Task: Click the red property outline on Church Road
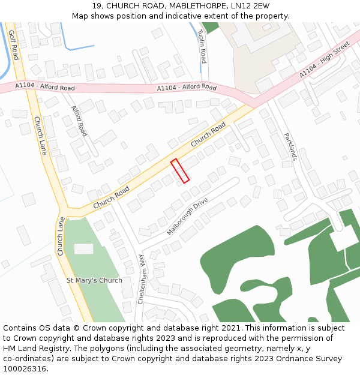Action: pyautogui.click(x=180, y=170)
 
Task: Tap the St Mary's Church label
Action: pyautogui.click(x=94, y=280)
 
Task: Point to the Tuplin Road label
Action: pyautogui.click(x=202, y=46)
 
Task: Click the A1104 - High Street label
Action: pyautogui.click(x=324, y=59)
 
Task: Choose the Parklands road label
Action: pyautogui.click(x=290, y=146)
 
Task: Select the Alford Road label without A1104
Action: pyautogui.click(x=79, y=121)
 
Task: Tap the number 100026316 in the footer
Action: pyautogui.click(x=25, y=369)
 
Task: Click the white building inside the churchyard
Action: pyautogui.click(x=83, y=248)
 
